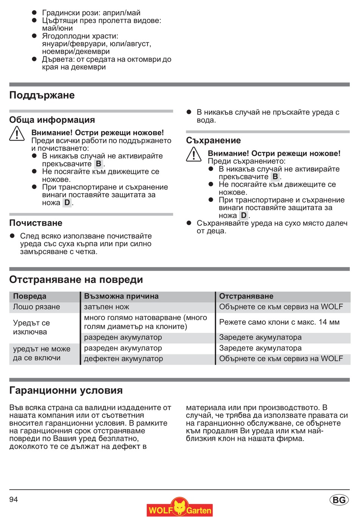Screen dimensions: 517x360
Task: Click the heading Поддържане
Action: pos(42,95)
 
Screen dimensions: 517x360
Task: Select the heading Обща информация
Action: pos(52,120)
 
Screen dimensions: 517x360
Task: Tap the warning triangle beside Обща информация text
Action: pos(17,134)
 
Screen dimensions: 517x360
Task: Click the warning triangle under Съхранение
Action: pos(194,155)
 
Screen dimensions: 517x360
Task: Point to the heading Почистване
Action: pos(36,223)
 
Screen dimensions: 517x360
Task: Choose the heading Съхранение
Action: pos(213,141)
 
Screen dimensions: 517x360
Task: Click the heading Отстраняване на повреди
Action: pos(76,280)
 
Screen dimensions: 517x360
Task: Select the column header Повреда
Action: pos(30,296)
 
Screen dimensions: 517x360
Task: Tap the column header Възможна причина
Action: pos(121,296)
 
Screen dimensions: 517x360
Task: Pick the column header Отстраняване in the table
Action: pos(246,296)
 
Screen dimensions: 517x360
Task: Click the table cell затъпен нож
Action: pos(106,307)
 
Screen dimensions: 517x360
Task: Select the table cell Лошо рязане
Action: pos(36,307)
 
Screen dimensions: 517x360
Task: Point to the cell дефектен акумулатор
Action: pos(123,359)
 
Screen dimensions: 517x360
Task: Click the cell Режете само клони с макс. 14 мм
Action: pos(279,322)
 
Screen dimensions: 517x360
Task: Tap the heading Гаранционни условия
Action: pos(66,390)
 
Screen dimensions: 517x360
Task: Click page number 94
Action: pos(14,500)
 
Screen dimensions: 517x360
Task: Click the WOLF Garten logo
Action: pos(180,508)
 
